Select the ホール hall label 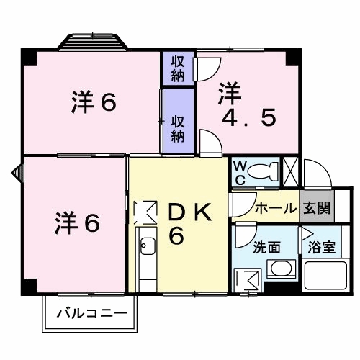(275, 209)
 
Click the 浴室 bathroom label (320, 247)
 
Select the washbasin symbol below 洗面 (279, 269)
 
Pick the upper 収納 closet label (177, 68)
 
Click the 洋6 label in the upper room (94, 103)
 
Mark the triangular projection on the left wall (17, 171)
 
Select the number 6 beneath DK (176, 236)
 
